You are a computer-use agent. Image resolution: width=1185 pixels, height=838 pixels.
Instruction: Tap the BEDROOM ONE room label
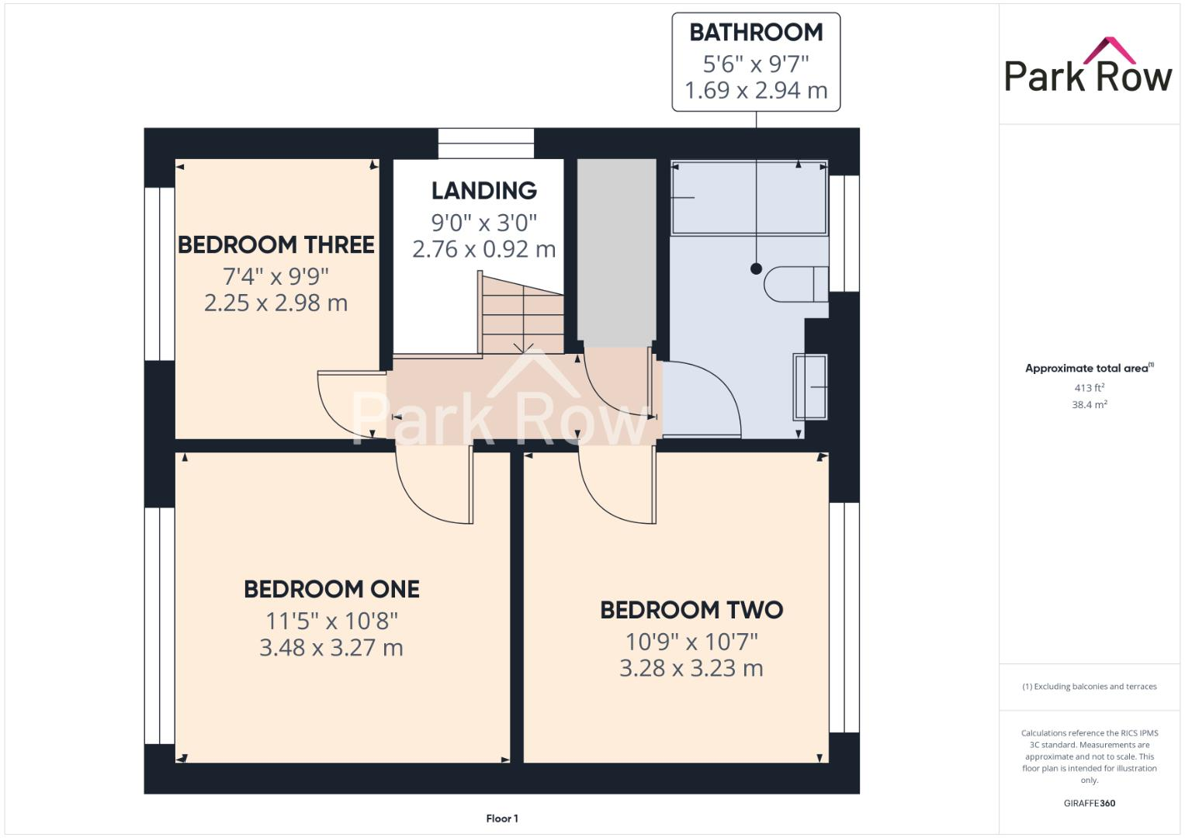[x=331, y=589]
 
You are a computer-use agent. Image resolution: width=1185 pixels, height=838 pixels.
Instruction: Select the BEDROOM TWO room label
[x=691, y=610]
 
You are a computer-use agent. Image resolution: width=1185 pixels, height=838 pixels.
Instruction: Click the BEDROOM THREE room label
[x=276, y=244]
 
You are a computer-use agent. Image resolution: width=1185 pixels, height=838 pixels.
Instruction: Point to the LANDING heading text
[x=484, y=190]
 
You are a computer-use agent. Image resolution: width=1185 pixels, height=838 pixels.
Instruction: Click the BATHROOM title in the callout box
[x=756, y=33]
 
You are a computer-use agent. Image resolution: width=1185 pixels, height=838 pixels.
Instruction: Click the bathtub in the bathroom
[x=749, y=197]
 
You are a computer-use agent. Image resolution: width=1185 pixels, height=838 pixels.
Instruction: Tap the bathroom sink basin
[x=810, y=386]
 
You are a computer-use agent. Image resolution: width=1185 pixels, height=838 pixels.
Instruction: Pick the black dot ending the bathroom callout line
[x=756, y=268]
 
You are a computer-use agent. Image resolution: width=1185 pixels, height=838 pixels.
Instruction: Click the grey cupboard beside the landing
[x=616, y=251]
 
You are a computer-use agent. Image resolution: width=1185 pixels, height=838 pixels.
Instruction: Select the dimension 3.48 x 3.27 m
[x=331, y=648]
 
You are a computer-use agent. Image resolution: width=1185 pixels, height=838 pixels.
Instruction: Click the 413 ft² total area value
[x=1089, y=388]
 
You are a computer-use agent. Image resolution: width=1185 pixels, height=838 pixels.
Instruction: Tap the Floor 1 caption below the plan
[x=502, y=819]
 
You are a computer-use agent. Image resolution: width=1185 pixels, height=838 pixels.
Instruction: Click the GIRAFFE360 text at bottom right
[x=1089, y=803]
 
